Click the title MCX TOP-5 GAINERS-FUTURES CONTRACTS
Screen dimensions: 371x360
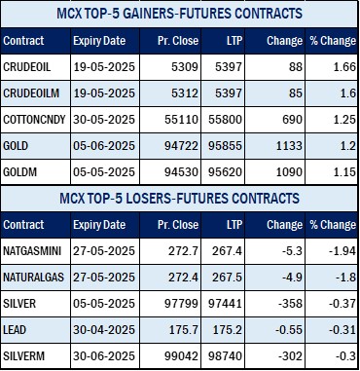[179, 15]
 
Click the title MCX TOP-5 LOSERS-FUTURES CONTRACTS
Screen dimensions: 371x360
[179, 199]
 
